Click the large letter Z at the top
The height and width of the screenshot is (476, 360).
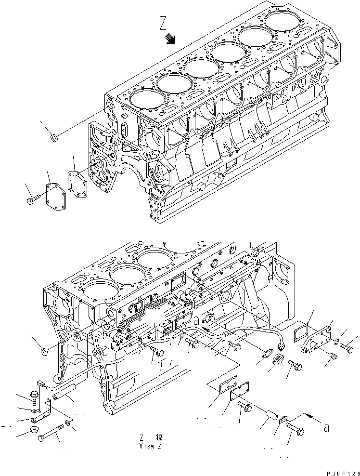(x=164, y=24)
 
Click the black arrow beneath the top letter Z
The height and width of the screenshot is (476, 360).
(x=170, y=39)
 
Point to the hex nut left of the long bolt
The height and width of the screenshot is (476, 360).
(x=36, y=429)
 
